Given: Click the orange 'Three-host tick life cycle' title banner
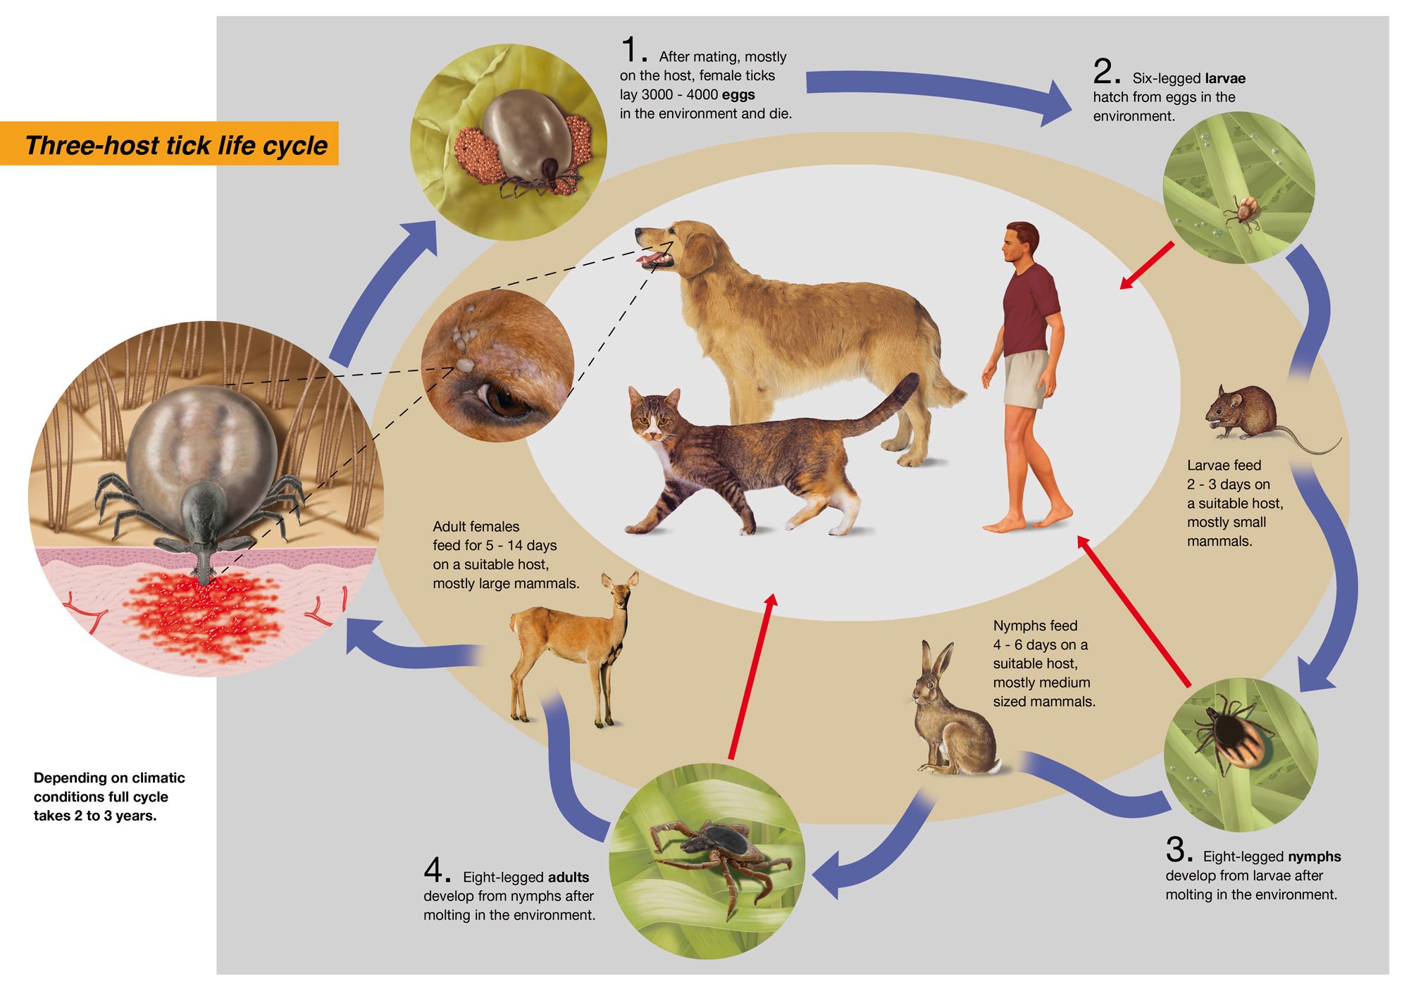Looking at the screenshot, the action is point(169,144).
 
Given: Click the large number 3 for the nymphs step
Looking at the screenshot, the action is point(1178,849).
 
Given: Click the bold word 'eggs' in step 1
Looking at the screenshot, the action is point(738,94).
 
